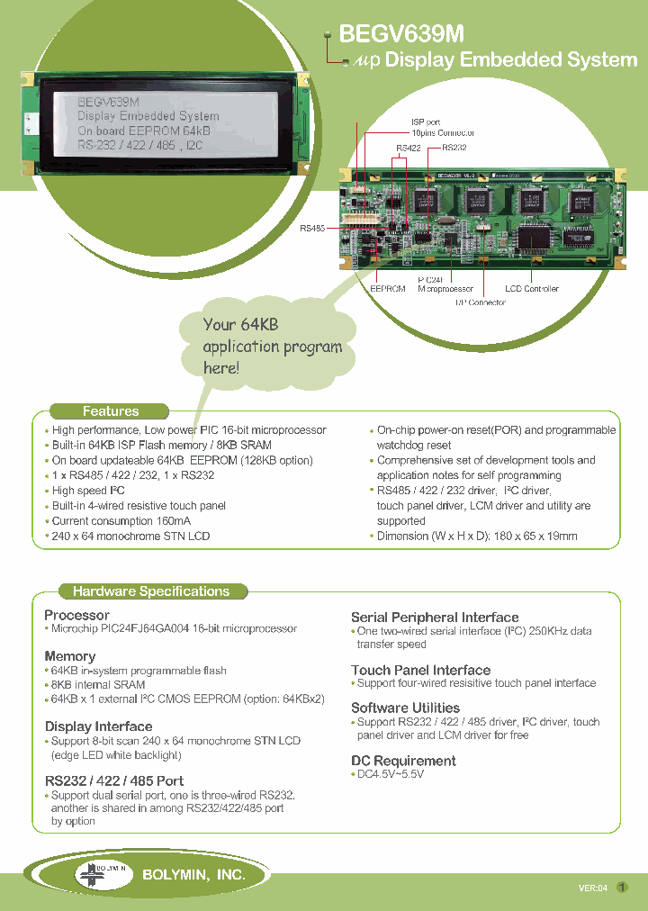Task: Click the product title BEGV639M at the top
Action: point(400,34)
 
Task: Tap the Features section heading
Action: point(111,411)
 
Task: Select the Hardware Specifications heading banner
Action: point(151,591)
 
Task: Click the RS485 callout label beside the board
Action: point(312,229)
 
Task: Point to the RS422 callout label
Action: point(408,147)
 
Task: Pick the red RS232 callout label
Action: point(453,147)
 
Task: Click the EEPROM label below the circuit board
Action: point(388,289)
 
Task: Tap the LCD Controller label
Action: point(531,289)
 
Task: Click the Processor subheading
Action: point(76,615)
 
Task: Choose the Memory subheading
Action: point(69,656)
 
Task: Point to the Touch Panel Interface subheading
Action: point(420,670)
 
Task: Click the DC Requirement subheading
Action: point(403,761)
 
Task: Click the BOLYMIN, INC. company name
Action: point(193,874)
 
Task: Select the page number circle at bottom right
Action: point(622,887)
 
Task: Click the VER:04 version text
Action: point(593,888)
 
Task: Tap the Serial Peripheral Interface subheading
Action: point(435,618)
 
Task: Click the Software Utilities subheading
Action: point(405,708)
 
